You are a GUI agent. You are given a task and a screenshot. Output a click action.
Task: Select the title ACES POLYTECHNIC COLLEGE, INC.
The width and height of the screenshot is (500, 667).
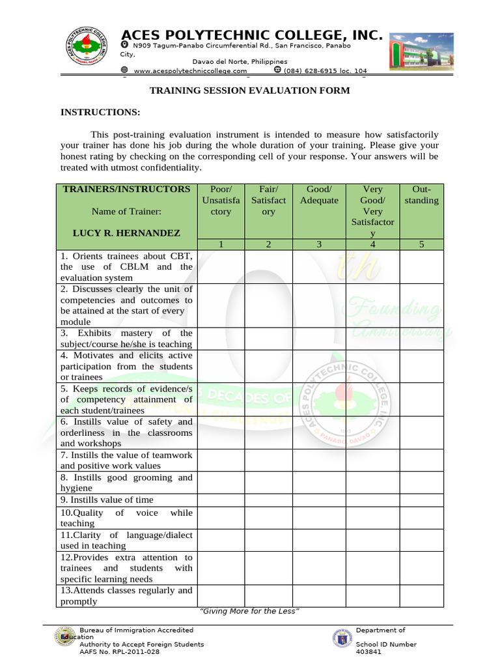pyautogui.click(x=252, y=35)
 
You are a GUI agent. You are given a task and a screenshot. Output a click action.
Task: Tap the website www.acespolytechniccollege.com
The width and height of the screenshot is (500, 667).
pyautogui.click(x=190, y=70)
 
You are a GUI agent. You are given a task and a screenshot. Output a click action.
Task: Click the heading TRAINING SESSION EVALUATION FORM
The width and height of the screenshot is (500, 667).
pyautogui.click(x=250, y=91)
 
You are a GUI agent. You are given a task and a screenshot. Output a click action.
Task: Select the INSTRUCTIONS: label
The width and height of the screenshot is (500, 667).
pyautogui.click(x=100, y=112)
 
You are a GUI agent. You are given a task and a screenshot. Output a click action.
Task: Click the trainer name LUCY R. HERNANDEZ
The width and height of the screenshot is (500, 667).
pyautogui.click(x=127, y=233)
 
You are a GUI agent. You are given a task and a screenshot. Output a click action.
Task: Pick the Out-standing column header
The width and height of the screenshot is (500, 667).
pyautogui.click(x=421, y=195)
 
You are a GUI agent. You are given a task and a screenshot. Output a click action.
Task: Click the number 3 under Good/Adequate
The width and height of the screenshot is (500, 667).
pyautogui.click(x=319, y=244)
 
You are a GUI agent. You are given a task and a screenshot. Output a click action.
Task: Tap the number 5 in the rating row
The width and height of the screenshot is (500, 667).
pyautogui.click(x=421, y=244)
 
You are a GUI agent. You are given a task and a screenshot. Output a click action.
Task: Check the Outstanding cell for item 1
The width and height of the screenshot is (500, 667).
pyautogui.click(x=421, y=266)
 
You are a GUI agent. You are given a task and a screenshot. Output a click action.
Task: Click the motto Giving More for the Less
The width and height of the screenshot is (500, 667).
pyautogui.click(x=249, y=610)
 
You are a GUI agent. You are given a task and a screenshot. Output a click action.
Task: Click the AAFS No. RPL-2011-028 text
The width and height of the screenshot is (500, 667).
pyautogui.click(x=119, y=651)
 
